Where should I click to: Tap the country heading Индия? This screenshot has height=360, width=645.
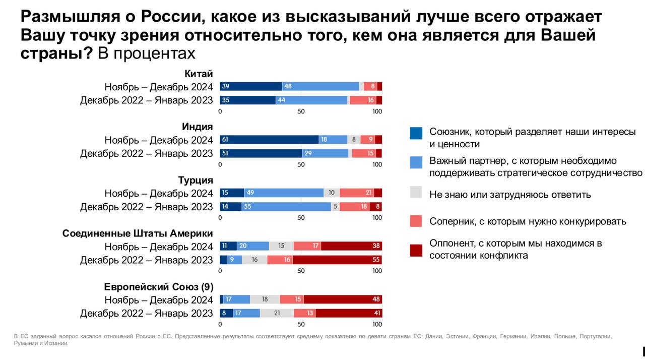pos(198,127)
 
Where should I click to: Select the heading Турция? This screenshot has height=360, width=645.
pos(196,180)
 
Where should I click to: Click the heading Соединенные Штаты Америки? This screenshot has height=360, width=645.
pos(138,233)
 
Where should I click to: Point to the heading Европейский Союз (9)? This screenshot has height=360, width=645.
pos(159,287)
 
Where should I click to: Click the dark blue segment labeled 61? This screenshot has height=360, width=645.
pos(269,140)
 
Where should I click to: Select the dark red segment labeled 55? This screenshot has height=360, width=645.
pos(337,260)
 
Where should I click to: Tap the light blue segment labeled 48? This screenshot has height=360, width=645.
pos(320,86)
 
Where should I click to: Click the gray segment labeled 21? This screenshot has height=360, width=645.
pos(277,313)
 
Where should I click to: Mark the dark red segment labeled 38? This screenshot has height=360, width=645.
pos(351,246)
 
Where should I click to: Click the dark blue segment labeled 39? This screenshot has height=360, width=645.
pos(251,86)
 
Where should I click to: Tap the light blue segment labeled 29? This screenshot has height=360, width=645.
pos(325,153)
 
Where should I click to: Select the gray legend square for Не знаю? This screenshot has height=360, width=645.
pos(416,192)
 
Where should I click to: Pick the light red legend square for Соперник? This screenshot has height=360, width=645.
pos(416,221)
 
